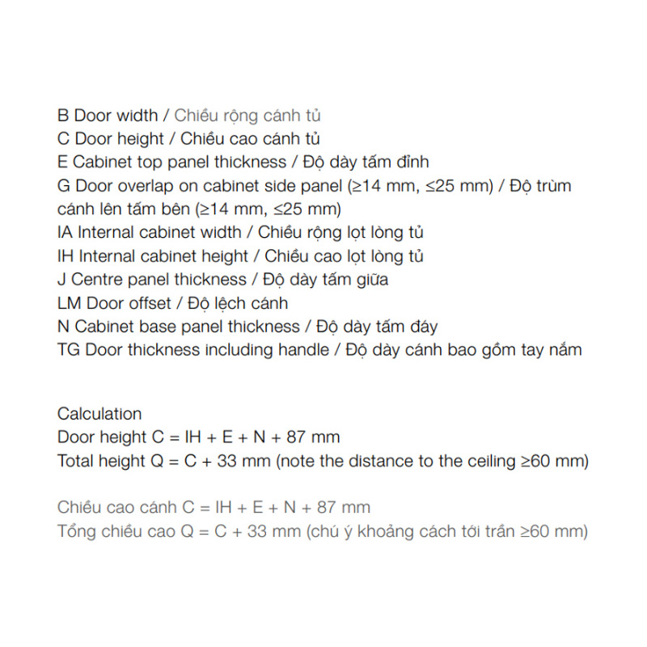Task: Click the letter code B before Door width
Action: [x=63, y=116]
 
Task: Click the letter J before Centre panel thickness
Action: [x=61, y=280]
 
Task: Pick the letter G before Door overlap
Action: [x=64, y=186]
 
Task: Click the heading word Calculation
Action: [x=99, y=414]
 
